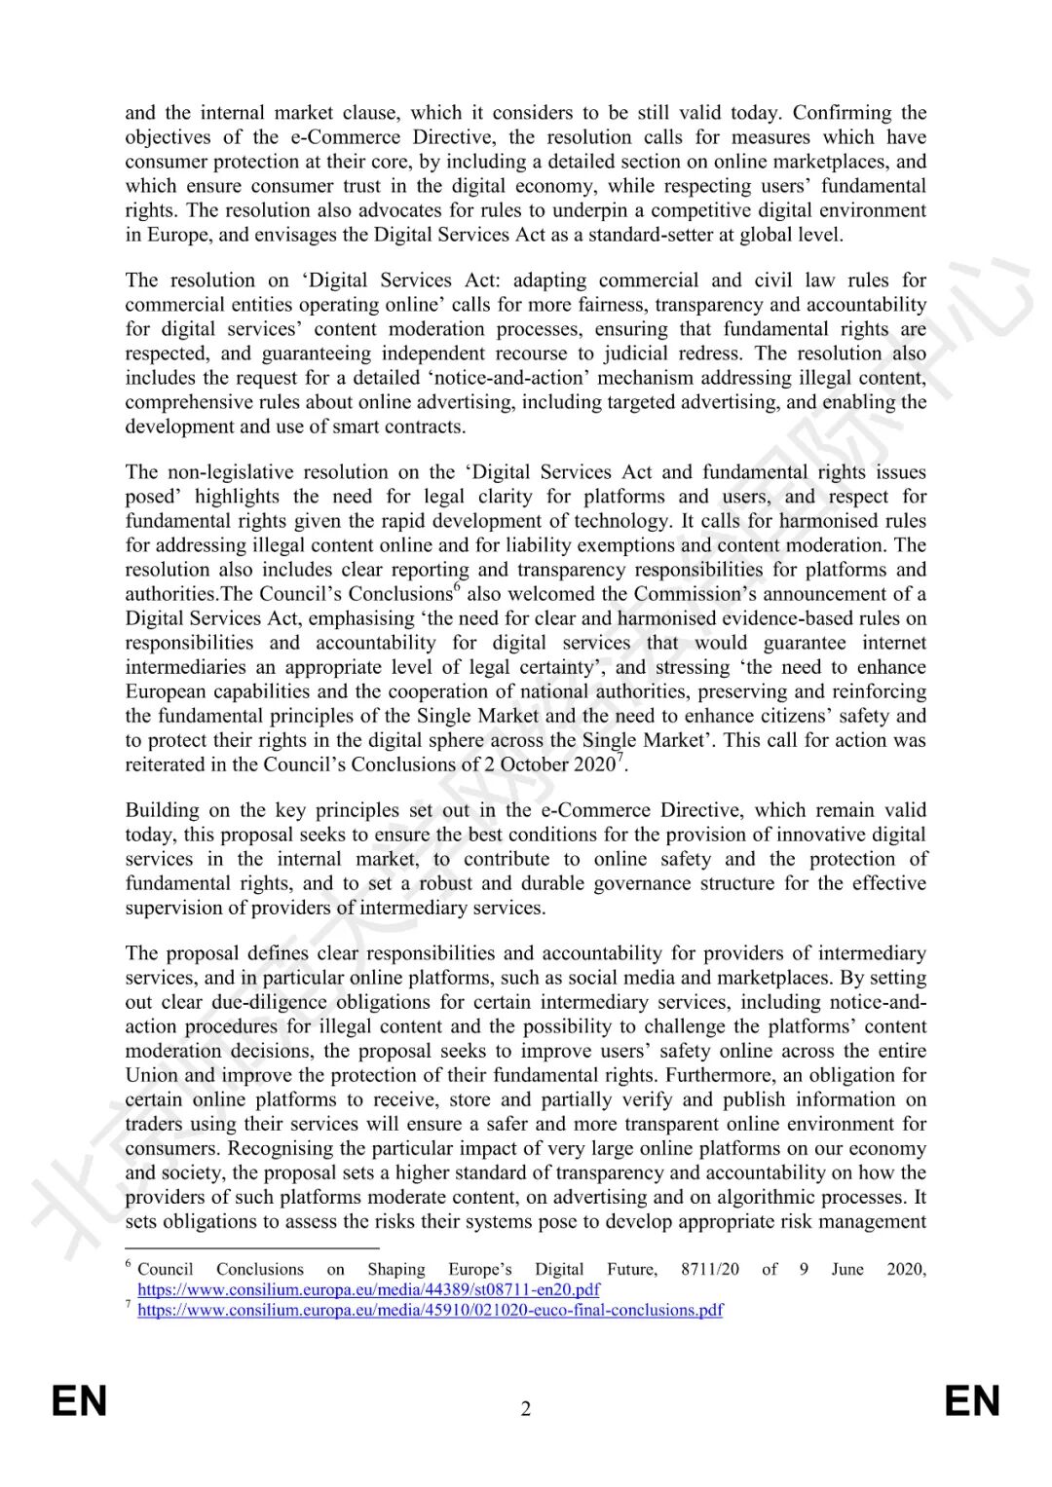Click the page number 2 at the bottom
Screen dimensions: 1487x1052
[526, 1409]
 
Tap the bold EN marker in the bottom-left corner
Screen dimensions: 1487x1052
[79, 1401]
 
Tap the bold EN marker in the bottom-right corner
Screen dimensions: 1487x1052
[972, 1401]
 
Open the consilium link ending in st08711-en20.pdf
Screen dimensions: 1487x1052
[368, 1289]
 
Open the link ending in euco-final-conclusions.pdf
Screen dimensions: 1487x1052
[430, 1310]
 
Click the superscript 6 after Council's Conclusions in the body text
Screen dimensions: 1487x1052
[457, 588]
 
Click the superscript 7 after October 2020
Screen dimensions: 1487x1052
[620, 759]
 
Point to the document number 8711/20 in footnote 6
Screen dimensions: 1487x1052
[710, 1269]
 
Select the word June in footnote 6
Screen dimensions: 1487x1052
[846, 1269]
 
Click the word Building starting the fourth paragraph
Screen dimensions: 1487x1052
[161, 810]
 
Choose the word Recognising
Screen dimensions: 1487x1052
[283, 1148]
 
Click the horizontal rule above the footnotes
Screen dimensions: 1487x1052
[251, 1247]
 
